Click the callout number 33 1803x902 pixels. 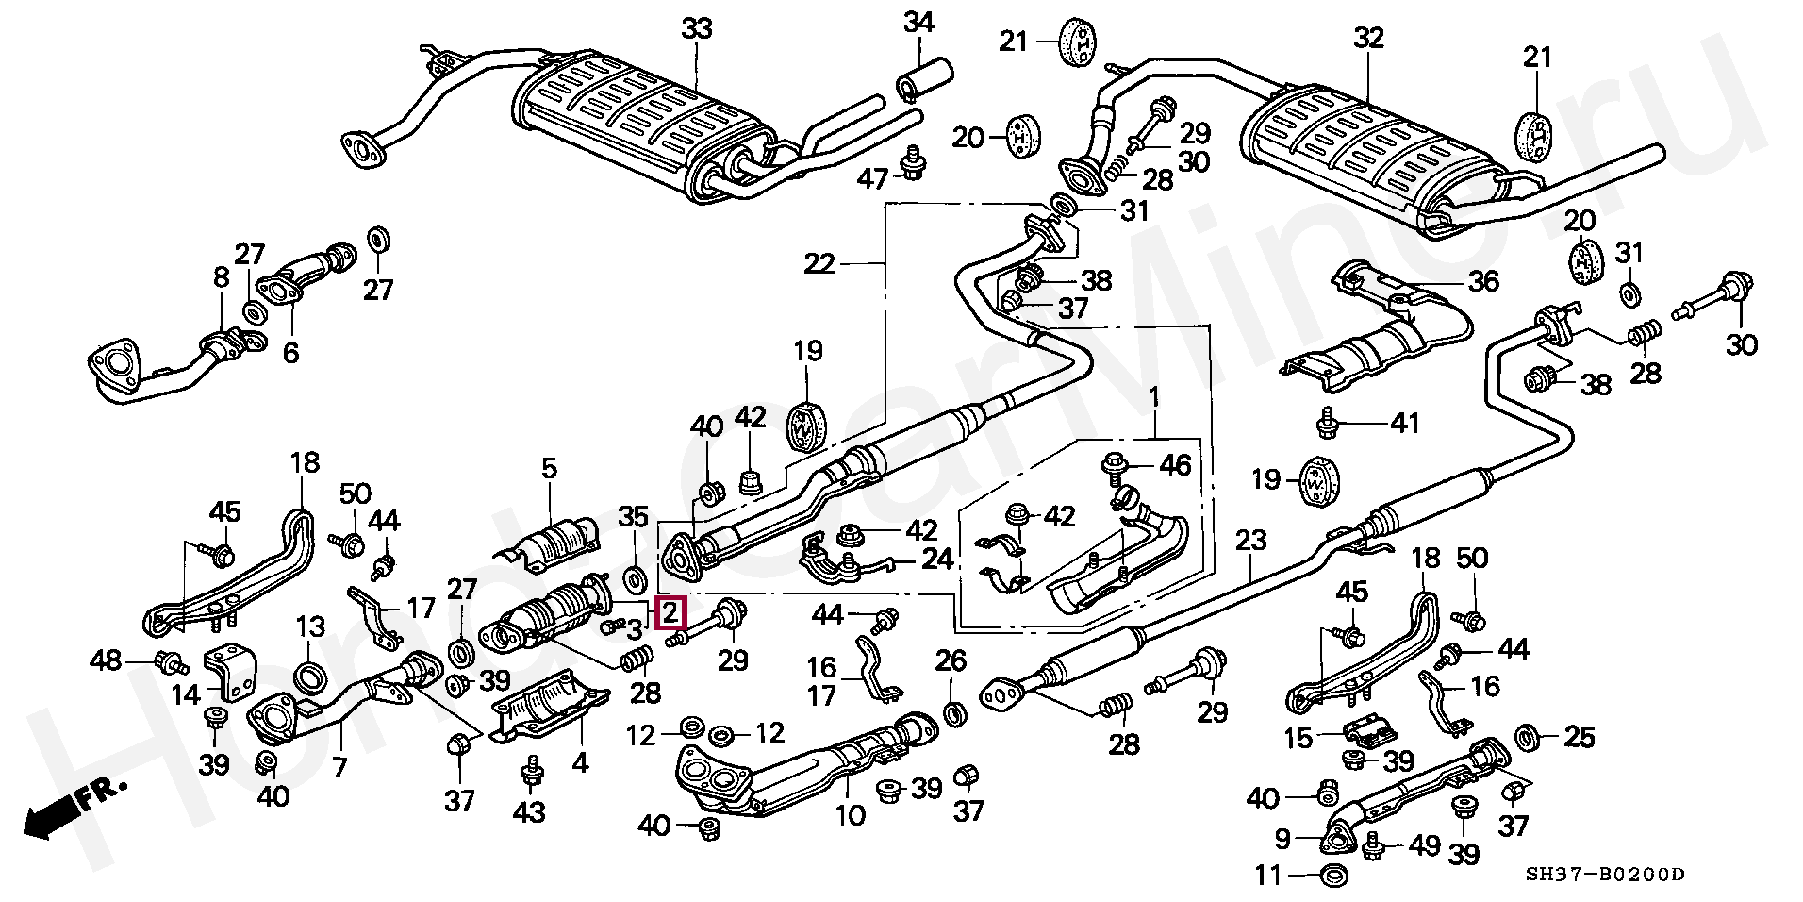click(x=697, y=29)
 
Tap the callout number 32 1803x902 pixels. click(x=1367, y=38)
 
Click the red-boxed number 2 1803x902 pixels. click(x=670, y=613)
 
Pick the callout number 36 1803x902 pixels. click(x=1483, y=281)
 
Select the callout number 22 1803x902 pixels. click(x=819, y=264)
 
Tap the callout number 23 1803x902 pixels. click(x=1250, y=542)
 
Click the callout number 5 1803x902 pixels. click(x=549, y=468)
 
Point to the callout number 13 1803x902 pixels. click(x=310, y=626)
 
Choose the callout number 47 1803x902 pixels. click(x=872, y=177)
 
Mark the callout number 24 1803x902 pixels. click(x=936, y=560)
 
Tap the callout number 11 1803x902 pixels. click(x=1269, y=877)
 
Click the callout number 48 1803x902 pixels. click(x=108, y=660)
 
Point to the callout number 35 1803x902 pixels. click(x=633, y=516)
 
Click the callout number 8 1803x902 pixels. click(x=221, y=277)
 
